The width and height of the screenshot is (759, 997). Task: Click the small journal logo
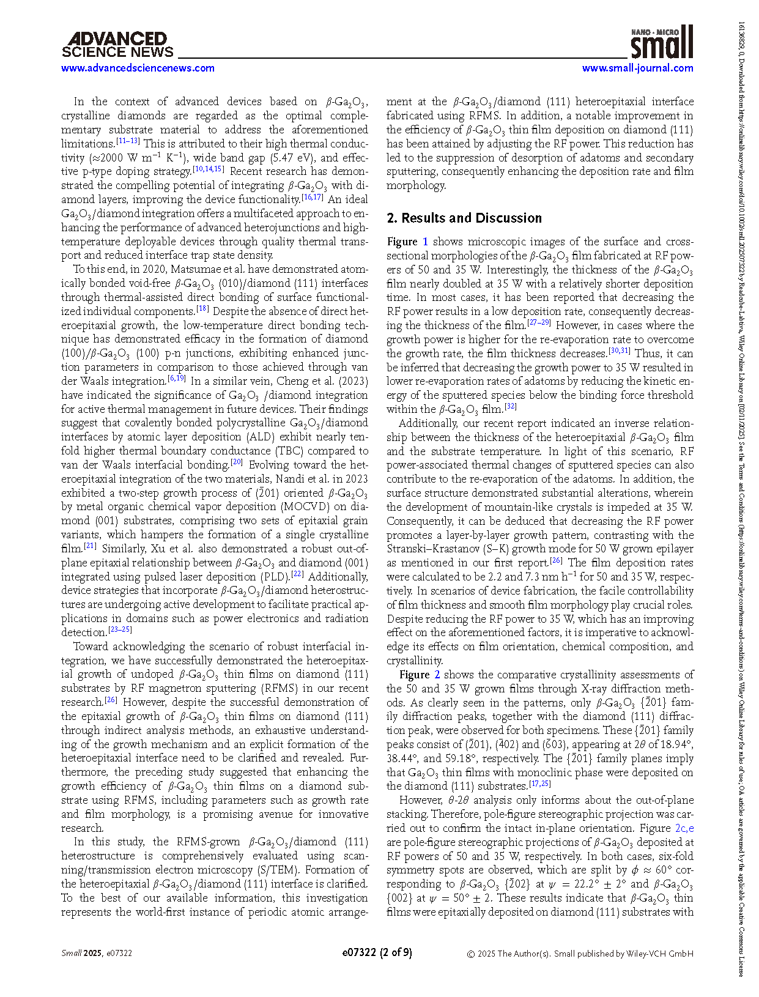pyautogui.click(x=662, y=42)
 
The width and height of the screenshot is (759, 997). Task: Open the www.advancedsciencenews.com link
pyautogui.click(x=138, y=68)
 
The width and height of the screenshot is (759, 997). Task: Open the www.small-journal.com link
pyautogui.click(x=637, y=68)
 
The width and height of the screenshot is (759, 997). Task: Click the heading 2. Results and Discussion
pyautogui.click(x=464, y=218)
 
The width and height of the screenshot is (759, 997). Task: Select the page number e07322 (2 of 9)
pyautogui.click(x=377, y=952)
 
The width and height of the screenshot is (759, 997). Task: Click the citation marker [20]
pyautogui.click(x=237, y=463)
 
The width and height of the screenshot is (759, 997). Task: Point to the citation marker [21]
pyautogui.click(x=90, y=547)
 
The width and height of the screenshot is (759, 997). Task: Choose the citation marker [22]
pyautogui.click(x=297, y=574)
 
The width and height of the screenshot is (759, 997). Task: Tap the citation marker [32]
pyautogui.click(x=511, y=407)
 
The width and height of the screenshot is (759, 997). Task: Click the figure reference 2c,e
pyautogui.click(x=684, y=828)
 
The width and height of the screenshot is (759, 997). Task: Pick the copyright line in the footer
pyautogui.click(x=580, y=954)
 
